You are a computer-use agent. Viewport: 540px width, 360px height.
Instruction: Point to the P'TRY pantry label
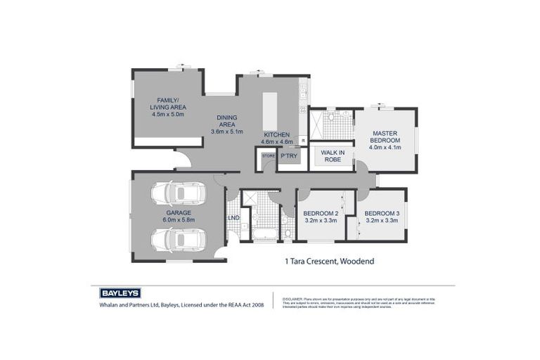click(288, 155)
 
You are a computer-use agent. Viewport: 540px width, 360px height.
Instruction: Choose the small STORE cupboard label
click(268, 155)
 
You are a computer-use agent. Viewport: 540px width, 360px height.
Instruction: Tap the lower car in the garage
click(178, 240)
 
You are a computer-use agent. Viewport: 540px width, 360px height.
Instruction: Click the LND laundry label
click(233, 218)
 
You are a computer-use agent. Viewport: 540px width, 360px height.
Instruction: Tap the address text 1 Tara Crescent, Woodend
click(329, 262)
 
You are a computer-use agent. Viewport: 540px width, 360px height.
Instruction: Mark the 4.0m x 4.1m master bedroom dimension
click(385, 148)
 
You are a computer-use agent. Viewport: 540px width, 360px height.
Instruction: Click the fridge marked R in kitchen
click(303, 141)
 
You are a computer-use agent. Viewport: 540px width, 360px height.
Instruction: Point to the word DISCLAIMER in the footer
click(292, 299)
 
